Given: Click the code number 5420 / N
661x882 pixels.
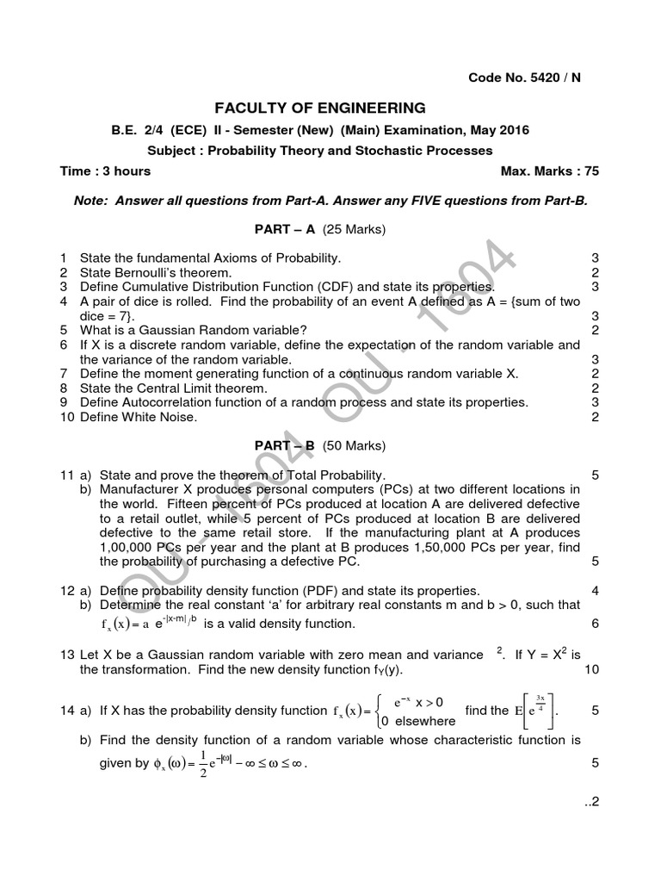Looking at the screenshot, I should point(524,78).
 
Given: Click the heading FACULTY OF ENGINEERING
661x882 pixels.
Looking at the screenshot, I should point(319,109).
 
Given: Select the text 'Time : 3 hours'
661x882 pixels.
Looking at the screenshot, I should point(105,171).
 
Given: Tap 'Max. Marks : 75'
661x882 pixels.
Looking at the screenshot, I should point(549,171).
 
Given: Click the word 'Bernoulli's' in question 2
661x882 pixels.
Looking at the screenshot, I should point(146,272).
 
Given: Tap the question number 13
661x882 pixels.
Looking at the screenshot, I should point(67,655).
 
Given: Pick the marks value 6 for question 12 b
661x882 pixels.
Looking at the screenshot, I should point(595,623).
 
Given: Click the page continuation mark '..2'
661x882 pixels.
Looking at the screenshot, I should point(590,802).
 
